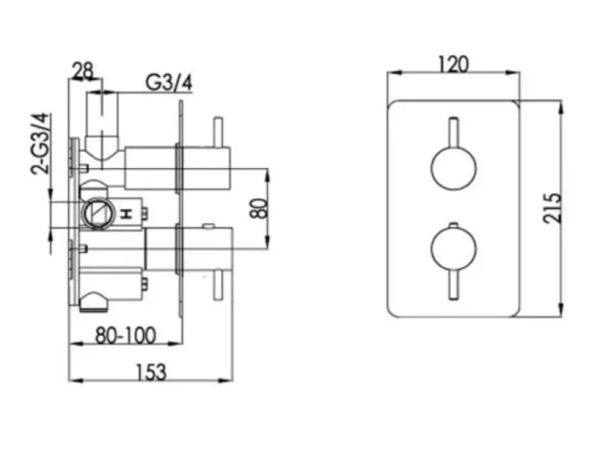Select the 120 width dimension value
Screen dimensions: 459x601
453,65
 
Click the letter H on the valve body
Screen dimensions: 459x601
127,213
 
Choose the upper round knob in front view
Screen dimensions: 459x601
453,168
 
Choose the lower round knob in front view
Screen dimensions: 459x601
453,249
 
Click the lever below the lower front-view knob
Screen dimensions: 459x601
453,287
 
